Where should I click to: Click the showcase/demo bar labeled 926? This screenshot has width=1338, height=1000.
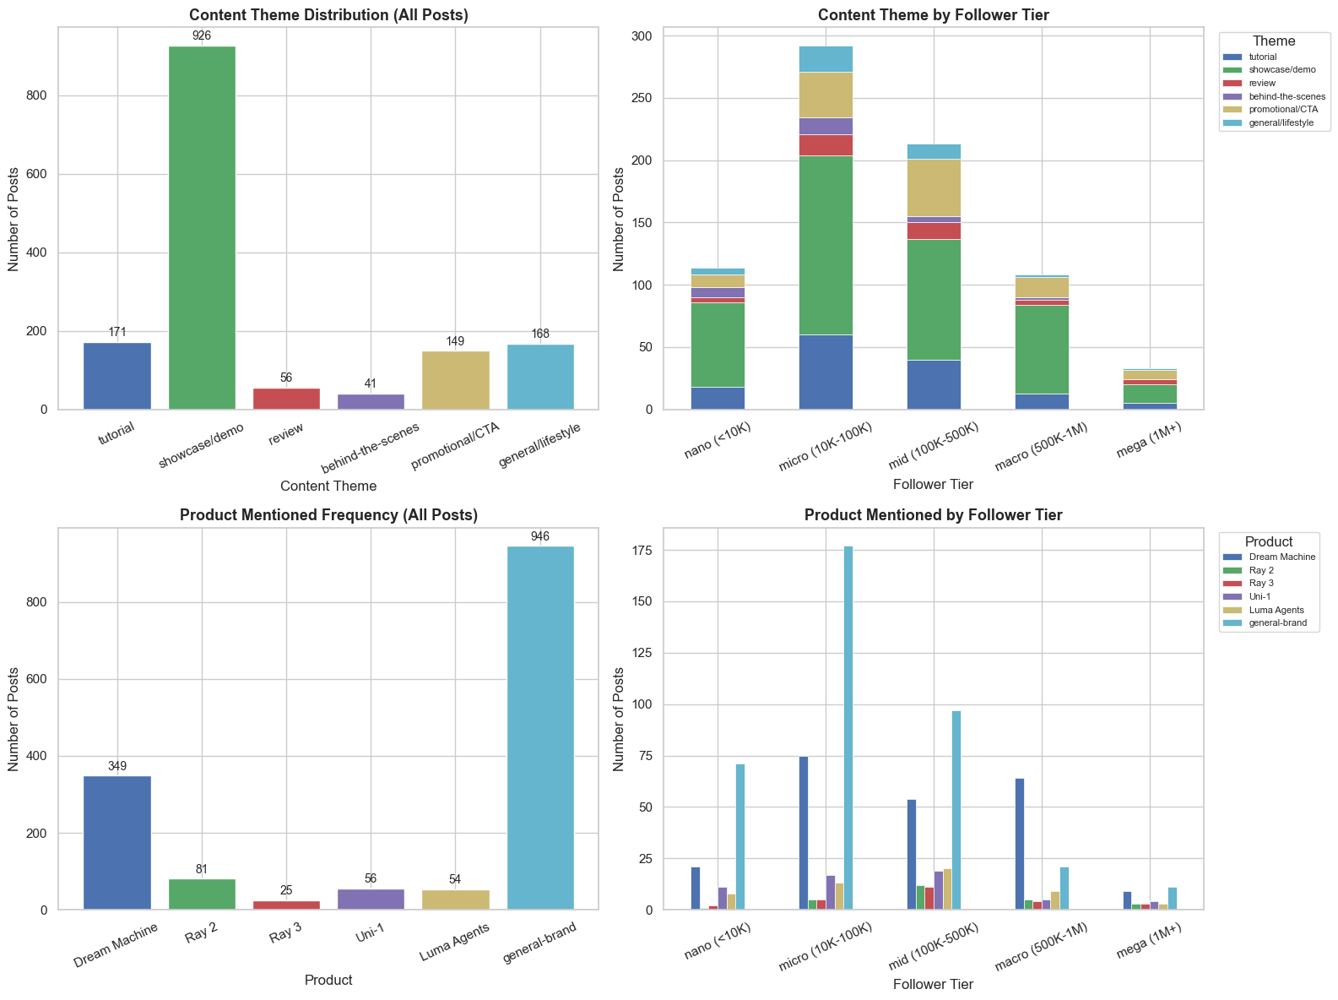[x=202, y=228]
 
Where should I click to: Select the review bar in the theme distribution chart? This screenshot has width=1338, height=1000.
[x=286, y=399]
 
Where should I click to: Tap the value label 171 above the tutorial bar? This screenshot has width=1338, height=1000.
[x=117, y=333]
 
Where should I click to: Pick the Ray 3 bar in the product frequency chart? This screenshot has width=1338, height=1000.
[x=286, y=905]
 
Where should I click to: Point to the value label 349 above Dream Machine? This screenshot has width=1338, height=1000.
[x=117, y=766]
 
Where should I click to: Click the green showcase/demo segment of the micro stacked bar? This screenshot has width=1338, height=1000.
[x=826, y=245]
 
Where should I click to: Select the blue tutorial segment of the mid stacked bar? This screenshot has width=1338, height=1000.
[x=934, y=384]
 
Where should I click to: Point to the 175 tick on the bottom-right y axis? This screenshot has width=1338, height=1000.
[x=642, y=551]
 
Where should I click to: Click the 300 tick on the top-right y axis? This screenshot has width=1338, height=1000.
[x=642, y=36]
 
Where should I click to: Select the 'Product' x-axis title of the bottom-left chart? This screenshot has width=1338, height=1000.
[x=328, y=981]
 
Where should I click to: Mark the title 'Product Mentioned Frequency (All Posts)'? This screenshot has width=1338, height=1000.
[x=328, y=515]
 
